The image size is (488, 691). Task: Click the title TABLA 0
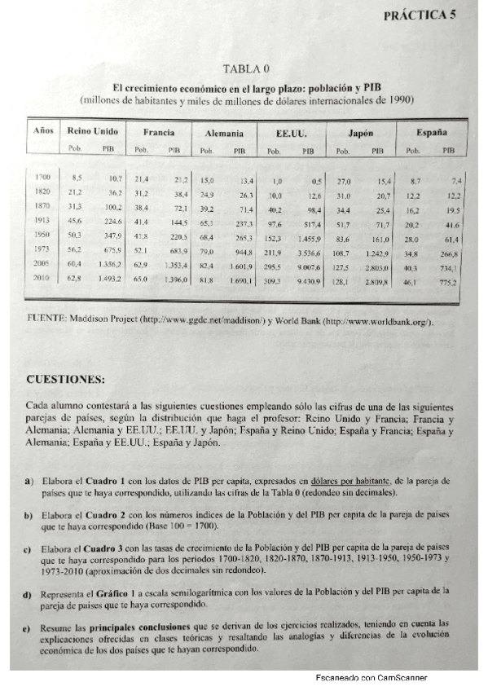coord(246,71)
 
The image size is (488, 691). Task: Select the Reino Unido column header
coord(92,131)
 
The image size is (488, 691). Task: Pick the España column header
coord(432,131)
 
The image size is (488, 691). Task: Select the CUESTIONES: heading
coord(65,380)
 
